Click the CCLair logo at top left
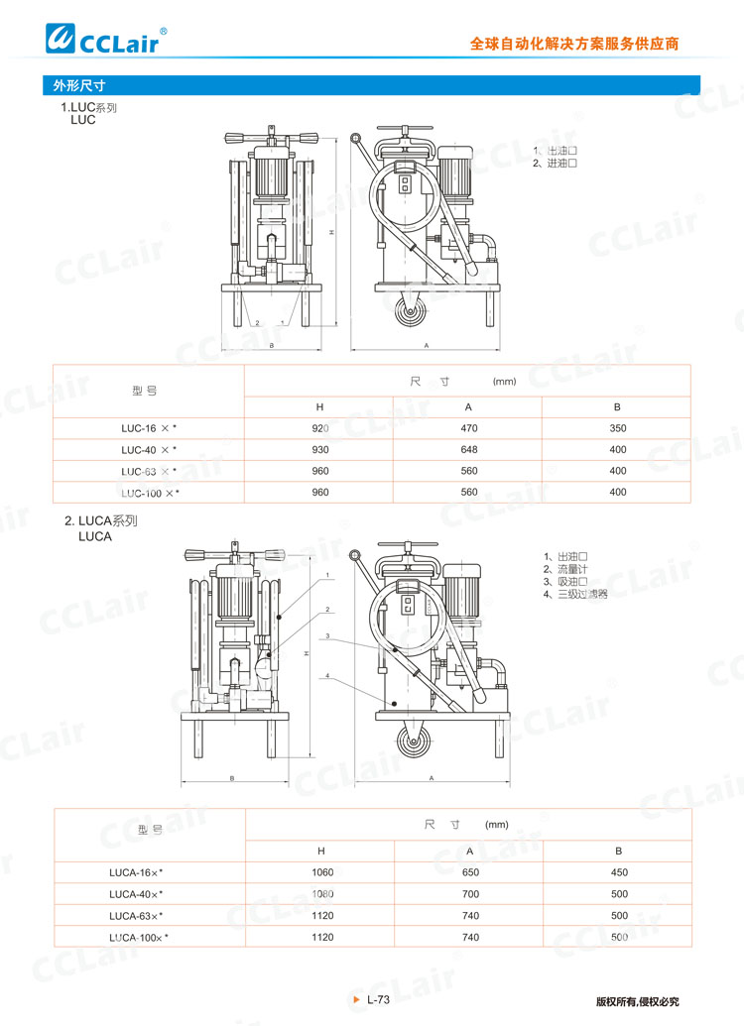108,38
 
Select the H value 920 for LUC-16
319,428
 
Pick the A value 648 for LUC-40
469,450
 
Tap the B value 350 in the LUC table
618,428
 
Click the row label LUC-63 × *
149,472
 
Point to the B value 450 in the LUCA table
618,872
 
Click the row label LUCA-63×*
137,916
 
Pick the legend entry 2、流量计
563,569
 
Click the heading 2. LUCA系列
101,520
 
